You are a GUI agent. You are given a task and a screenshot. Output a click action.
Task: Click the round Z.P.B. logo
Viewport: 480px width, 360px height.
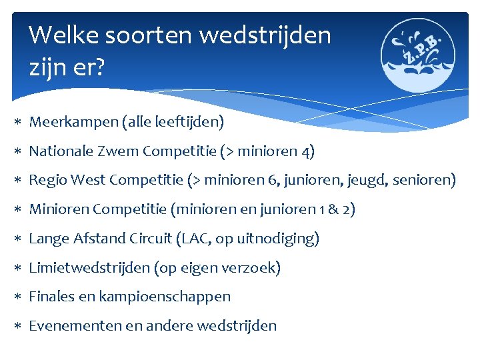pyautogui.click(x=418, y=54)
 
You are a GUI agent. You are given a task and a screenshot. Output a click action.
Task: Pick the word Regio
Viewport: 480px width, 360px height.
pyautogui.click(x=46, y=181)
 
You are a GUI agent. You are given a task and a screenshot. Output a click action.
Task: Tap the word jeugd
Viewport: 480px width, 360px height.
pyautogui.click(x=369, y=181)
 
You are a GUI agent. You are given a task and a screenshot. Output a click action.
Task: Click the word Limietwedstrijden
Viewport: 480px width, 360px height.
pyautogui.click(x=89, y=268)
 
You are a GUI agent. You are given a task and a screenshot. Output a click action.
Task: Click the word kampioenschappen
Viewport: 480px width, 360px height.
pyautogui.click(x=165, y=297)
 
